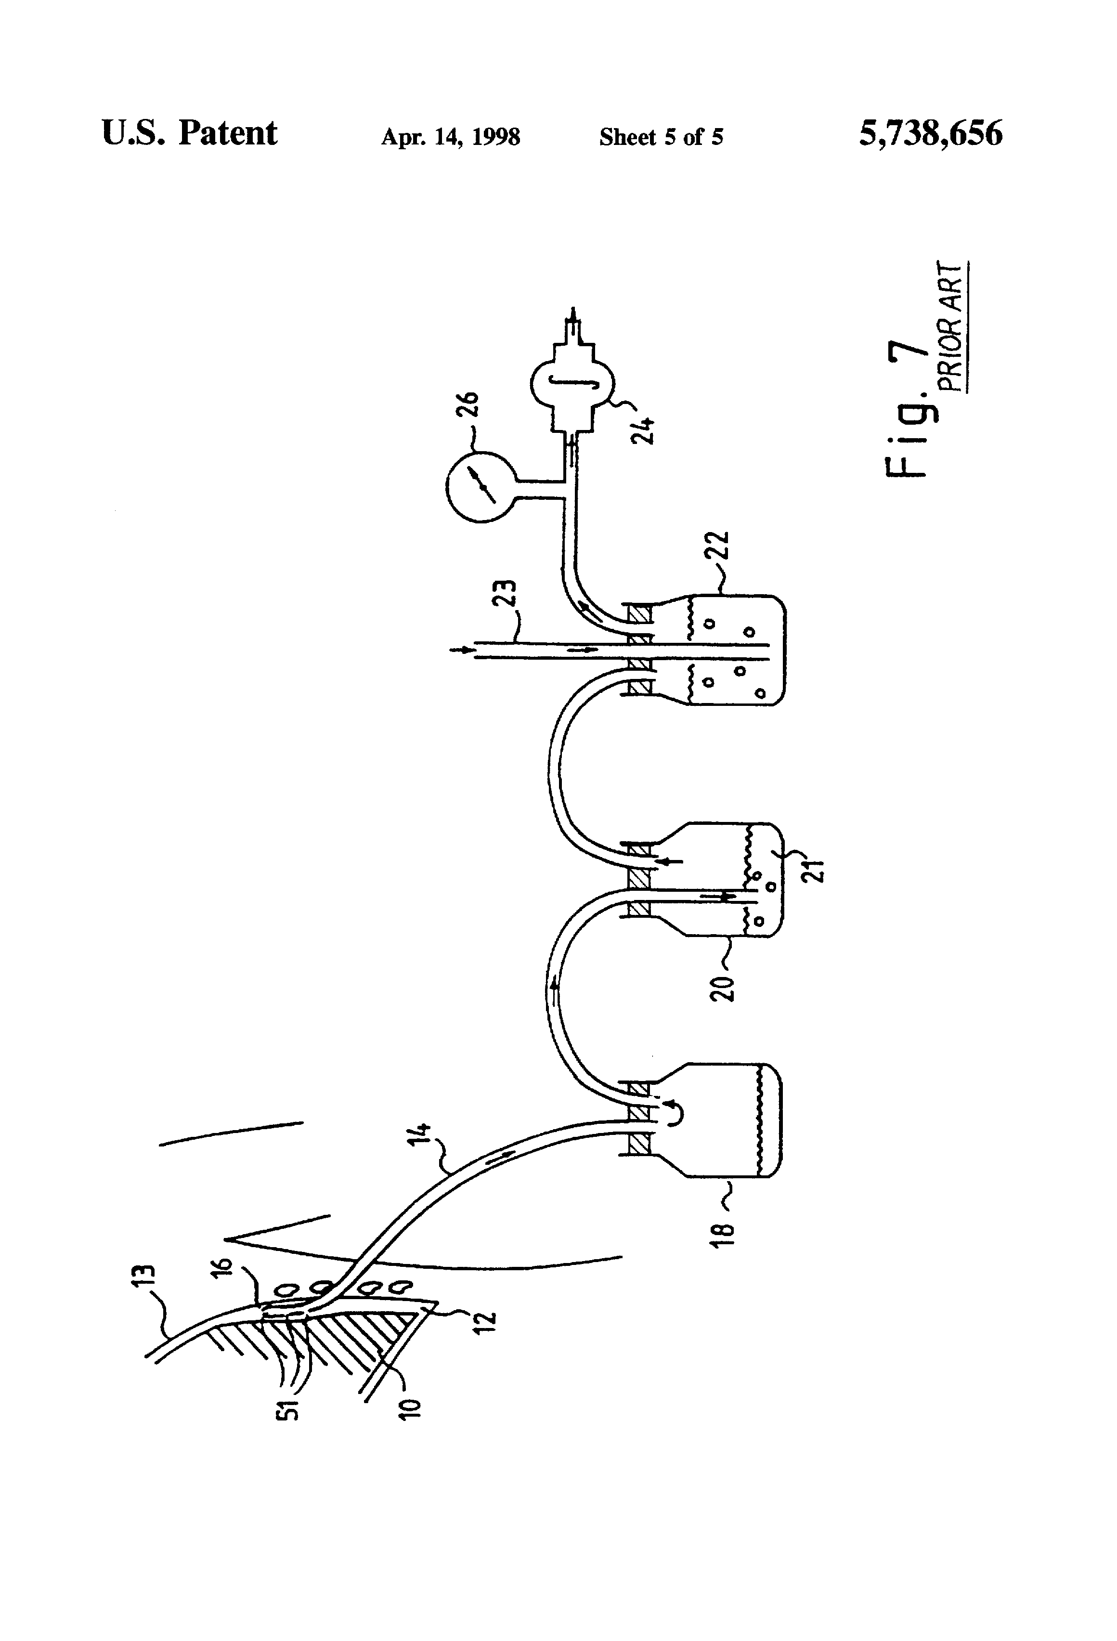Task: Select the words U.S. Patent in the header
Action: coord(189,133)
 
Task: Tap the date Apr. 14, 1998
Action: coord(451,136)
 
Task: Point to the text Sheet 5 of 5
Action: coord(661,136)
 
